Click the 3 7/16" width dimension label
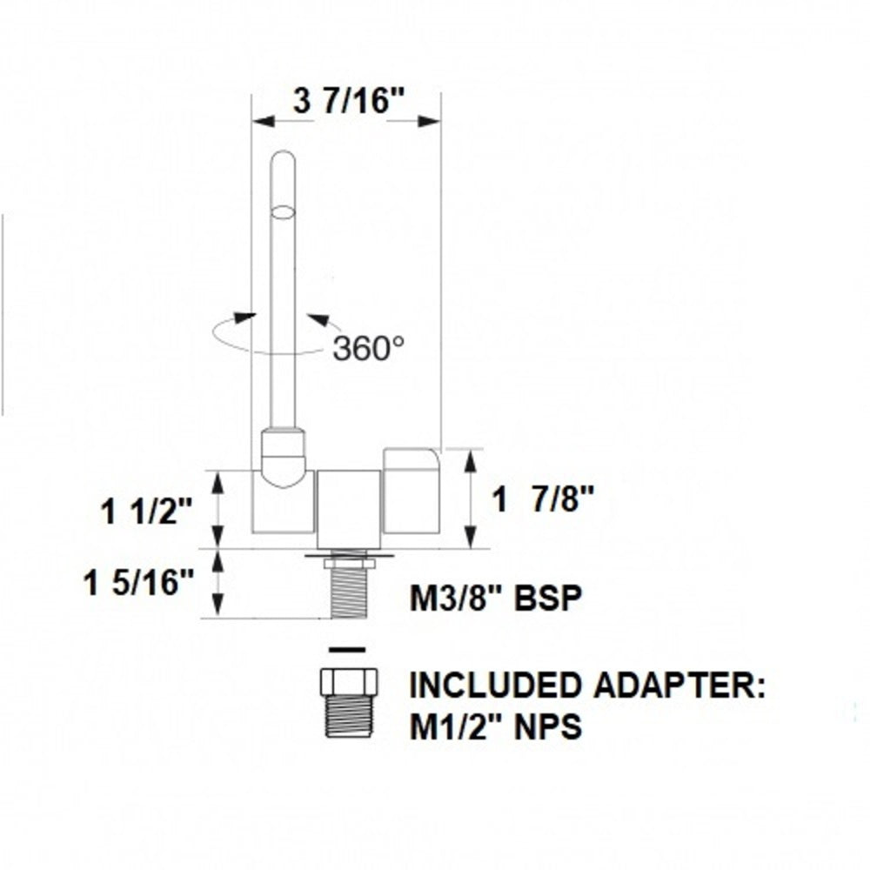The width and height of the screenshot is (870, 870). tap(350, 102)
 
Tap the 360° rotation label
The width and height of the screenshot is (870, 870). tap(368, 348)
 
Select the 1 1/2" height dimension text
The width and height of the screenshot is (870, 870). tap(145, 512)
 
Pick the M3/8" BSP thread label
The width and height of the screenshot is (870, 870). tap(494, 599)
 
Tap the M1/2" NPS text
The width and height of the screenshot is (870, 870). tap(495, 725)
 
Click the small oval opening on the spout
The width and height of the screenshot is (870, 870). tap(283, 211)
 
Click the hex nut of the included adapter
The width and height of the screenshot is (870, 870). tap(348, 680)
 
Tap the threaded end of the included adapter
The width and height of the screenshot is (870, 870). tap(348, 715)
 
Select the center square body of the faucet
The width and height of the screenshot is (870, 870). tap(348, 510)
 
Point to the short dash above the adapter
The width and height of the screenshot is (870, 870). tap(347, 649)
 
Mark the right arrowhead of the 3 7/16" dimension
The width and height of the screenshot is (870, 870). tap(429, 121)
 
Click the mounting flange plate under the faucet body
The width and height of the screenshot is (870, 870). tap(348, 554)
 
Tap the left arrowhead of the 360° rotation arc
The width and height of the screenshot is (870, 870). tap(246, 318)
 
